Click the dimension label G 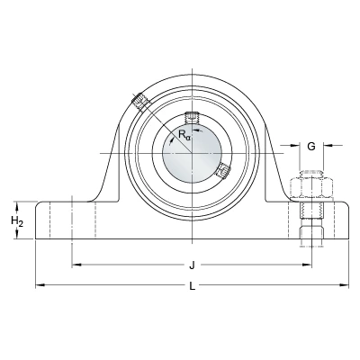coord(311,147)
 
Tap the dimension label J coord(192,265)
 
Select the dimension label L coord(193,286)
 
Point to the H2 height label coord(17,221)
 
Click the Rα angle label coord(184,135)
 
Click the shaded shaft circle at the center coord(192,154)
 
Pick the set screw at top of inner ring coord(192,117)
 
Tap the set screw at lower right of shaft coord(223,170)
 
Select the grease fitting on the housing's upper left coord(139,101)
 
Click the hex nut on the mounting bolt coord(311,187)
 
